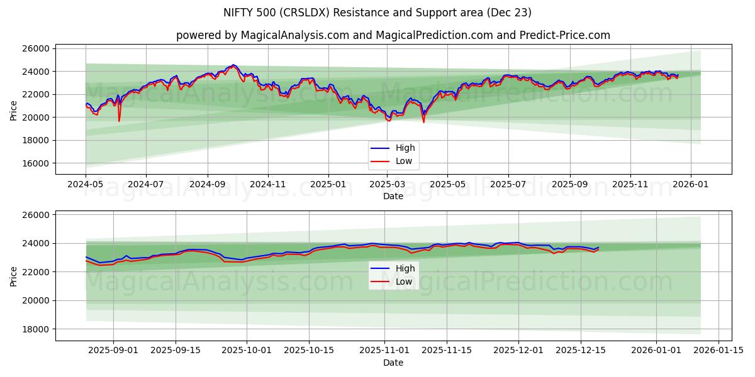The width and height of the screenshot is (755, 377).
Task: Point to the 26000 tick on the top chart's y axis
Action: coord(36,48)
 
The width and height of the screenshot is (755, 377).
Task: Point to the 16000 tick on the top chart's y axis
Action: coord(36,163)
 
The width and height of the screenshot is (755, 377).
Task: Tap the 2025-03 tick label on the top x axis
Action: coord(387,185)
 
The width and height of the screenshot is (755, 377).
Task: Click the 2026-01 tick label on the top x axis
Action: coord(691,185)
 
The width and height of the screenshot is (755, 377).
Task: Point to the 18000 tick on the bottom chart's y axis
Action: coord(36,329)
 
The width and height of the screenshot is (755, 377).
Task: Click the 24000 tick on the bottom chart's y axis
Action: coord(36,244)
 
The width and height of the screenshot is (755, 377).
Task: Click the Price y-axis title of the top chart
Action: coord(14,109)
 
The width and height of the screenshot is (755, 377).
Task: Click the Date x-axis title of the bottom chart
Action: coord(393,363)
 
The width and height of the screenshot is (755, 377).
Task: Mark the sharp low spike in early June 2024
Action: coord(119,121)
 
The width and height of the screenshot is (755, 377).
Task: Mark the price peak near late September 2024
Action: coord(233,65)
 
